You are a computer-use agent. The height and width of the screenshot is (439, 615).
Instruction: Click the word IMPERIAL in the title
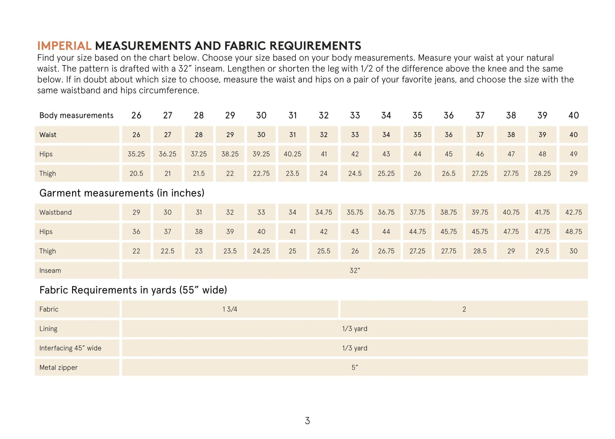pos(64,46)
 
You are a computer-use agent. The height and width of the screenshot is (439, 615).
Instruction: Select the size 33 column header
pos(355,116)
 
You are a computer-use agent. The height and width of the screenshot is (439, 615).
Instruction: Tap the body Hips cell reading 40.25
pos(292,154)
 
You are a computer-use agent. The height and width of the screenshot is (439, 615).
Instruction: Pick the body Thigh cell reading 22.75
pos(261,173)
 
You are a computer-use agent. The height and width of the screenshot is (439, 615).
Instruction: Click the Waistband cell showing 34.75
pos(324,212)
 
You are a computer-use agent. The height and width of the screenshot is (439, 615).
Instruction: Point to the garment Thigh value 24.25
pos(261,251)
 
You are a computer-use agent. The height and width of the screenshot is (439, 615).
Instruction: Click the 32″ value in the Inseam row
pos(355,270)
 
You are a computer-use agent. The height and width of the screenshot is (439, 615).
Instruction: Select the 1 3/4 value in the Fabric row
pos(230,309)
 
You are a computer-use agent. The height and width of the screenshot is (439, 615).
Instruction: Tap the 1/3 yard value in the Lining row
pos(355,329)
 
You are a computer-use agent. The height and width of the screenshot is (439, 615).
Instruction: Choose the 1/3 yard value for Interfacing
pos(355,348)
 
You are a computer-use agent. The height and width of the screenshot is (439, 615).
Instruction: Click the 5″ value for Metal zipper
pos(355,367)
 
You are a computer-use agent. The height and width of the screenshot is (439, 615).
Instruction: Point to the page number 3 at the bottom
pos(307,421)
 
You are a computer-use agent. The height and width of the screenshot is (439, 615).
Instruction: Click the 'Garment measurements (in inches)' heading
pos(122,193)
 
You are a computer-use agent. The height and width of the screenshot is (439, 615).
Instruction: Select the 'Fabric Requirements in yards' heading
pos(133,290)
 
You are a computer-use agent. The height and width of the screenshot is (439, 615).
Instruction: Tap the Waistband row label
pos(55,212)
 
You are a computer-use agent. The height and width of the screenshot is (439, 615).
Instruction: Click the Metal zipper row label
pos(58,367)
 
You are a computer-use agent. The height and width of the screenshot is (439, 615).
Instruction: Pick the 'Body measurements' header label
pos(76,116)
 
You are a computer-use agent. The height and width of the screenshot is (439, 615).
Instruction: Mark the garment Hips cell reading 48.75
pos(573,232)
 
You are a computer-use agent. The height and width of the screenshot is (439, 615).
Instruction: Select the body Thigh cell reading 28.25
pos(542,173)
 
